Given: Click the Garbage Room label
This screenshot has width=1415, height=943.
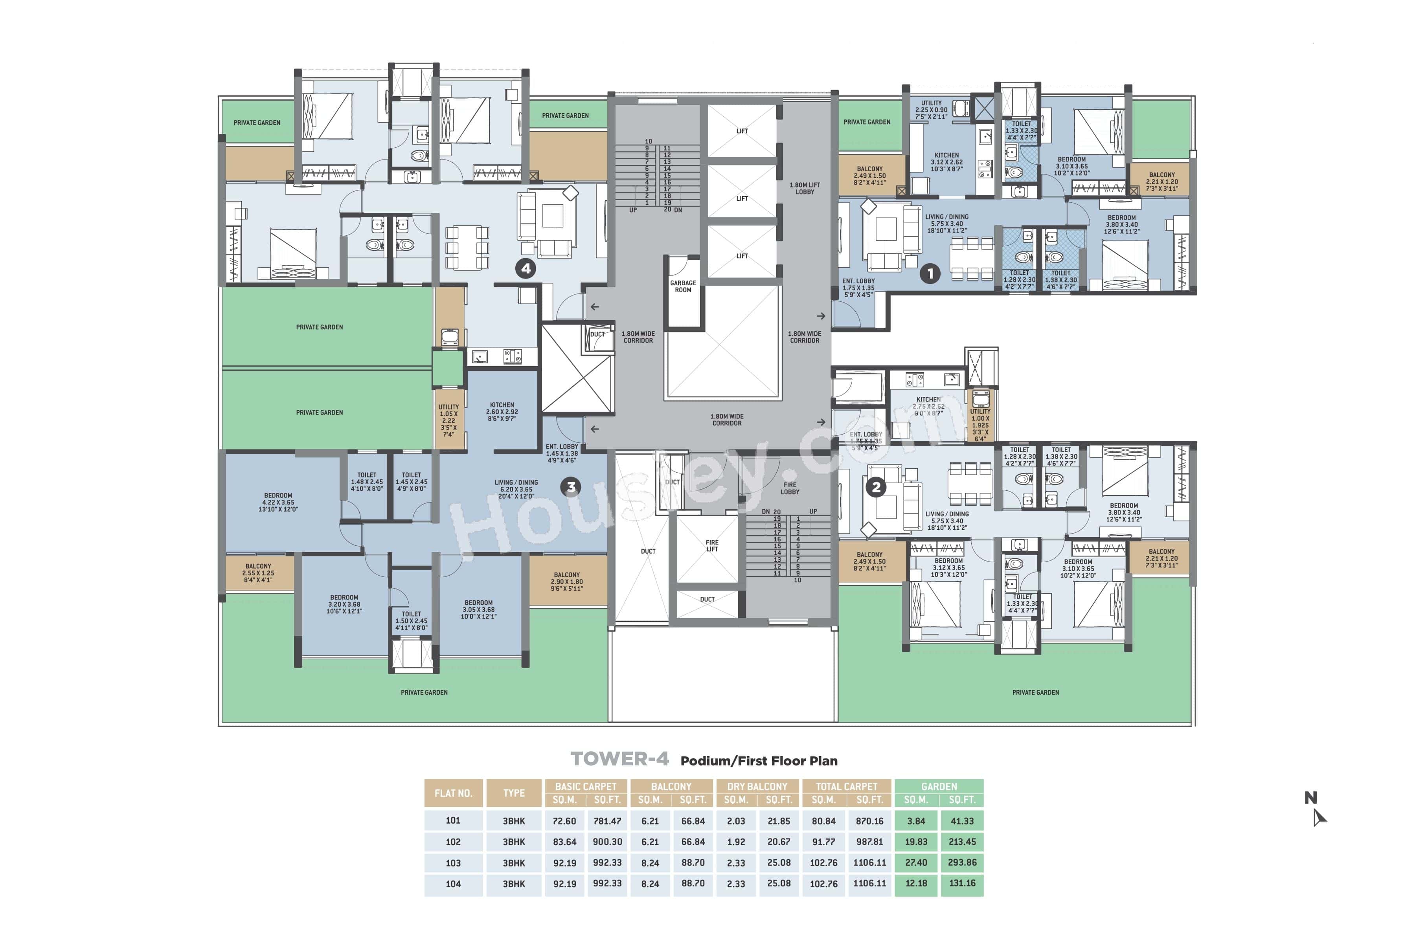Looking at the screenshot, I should pos(683,286).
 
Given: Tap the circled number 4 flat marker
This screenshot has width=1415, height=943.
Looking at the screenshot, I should pos(526,268).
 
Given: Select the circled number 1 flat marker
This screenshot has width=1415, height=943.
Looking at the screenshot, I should pos(930,273).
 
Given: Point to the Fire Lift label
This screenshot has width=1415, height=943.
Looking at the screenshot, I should pos(712,545).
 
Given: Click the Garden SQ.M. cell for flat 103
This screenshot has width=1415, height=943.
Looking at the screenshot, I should pos(916,862).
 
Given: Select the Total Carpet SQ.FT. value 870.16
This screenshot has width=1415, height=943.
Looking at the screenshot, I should pos(869,821).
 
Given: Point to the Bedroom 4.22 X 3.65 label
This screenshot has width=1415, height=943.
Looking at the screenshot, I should pos(278,502).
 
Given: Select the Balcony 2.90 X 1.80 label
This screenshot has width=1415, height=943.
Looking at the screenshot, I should pos(567,582).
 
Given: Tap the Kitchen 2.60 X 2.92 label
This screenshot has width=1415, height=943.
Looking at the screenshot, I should pos(502,411).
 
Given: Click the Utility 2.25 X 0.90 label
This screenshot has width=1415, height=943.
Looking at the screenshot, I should pos(931,110).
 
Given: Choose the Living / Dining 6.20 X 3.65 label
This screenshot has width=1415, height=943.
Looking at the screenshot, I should pos(516,489).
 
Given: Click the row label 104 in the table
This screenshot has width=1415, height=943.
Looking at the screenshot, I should pos(453,883).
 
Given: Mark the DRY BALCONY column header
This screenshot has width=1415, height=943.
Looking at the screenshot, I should pos(757,786).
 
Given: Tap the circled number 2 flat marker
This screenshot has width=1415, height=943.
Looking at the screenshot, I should pos(876,487).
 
